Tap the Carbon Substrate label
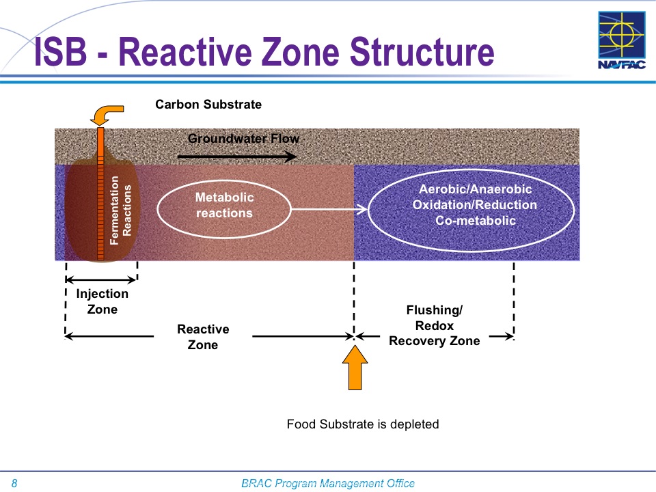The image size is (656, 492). [208, 105]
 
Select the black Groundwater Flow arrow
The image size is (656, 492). [236, 156]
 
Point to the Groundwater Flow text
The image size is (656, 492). [243, 139]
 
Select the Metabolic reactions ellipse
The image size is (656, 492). [224, 205]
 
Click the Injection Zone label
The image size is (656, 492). [102, 301]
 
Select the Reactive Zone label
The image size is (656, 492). [203, 337]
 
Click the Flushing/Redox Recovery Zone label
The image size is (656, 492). [434, 326]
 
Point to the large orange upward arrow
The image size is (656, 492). [354, 368]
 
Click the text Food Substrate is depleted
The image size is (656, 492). [362, 424]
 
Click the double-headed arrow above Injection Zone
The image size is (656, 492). [102, 279]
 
